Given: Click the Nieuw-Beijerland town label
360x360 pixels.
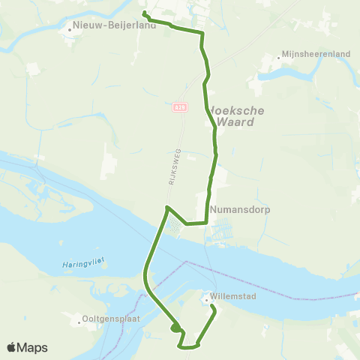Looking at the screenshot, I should (115, 25).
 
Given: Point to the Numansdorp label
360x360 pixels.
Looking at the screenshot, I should (237, 210).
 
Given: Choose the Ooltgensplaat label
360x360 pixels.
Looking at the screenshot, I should (115, 325).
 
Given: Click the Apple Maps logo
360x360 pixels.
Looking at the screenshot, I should (28, 347).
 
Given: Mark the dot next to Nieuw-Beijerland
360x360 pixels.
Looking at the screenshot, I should (69, 31).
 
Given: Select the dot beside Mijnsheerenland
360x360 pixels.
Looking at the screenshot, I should (277, 55).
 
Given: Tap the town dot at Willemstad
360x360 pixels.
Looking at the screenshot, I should (205, 301).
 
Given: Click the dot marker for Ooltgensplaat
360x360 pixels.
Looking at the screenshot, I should (79, 325).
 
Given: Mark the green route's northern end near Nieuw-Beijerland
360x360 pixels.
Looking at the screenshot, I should (144, 13).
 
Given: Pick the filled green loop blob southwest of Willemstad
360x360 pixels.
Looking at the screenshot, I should (175, 327).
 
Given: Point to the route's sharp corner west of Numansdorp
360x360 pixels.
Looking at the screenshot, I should (166, 206).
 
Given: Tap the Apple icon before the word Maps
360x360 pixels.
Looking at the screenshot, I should (12, 347).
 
